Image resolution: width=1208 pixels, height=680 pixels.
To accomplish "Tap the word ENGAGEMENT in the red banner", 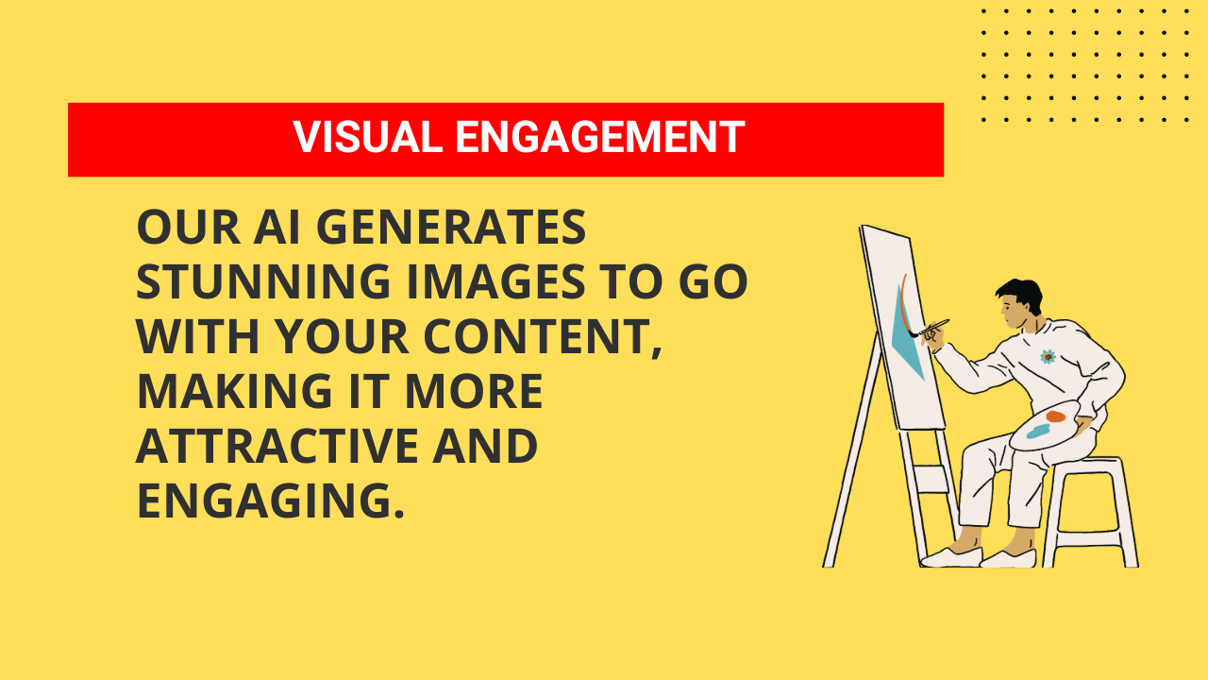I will [600, 138].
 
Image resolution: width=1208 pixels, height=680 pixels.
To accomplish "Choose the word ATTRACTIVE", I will [277, 447].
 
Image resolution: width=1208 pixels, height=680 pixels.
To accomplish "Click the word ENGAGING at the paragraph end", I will [270, 501].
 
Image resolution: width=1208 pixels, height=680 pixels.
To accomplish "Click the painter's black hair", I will [1020, 294].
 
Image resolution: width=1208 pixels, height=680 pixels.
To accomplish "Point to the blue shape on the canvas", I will [907, 340].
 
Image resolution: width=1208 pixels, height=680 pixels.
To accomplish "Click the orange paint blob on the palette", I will [1055, 416].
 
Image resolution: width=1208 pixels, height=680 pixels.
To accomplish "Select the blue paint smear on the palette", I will [1038, 432].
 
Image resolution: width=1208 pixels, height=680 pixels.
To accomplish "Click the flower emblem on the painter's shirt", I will [1048, 356].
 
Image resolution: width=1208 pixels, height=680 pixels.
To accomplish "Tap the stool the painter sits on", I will [1095, 510].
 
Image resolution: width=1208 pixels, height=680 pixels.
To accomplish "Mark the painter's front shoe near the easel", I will [949, 556].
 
